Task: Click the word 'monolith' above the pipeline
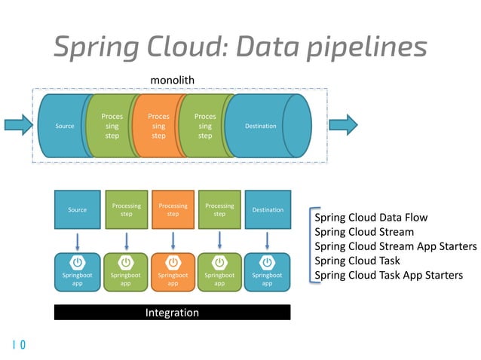point(173,79)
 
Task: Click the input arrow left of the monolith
point(17,125)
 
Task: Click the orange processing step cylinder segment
point(158,126)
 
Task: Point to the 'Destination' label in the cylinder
point(261,126)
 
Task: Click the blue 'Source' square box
point(77,209)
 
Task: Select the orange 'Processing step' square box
point(173,209)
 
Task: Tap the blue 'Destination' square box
point(268,209)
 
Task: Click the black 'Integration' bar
point(172,312)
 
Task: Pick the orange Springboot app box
point(173,271)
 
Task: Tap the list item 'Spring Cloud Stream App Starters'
point(395,247)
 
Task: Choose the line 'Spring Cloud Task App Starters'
point(388,275)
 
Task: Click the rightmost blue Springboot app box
point(268,271)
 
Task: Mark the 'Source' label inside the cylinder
point(66,126)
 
